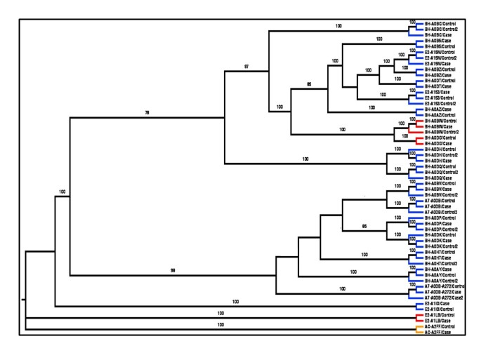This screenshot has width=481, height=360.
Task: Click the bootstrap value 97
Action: point(246,66)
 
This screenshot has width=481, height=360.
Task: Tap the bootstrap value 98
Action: point(173,270)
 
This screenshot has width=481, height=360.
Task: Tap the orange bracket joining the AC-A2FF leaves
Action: point(419,329)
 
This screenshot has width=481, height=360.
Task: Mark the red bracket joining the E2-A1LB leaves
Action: point(419,318)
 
